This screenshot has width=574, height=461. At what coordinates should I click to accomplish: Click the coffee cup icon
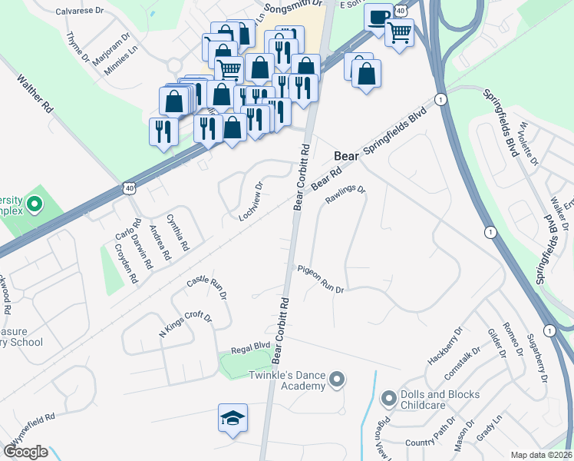(x=377, y=17)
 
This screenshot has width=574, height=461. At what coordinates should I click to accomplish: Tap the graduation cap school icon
(x=233, y=417)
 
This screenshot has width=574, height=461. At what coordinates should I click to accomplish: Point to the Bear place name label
(x=347, y=156)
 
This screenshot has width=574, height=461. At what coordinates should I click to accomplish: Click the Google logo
(x=26, y=452)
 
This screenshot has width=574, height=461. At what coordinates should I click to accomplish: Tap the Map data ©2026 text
(x=541, y=455)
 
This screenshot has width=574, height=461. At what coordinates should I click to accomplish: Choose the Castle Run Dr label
(x=208, y=288)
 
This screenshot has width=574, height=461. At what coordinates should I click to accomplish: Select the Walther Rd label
(x=34, y=95)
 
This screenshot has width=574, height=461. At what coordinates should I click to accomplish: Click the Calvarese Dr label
(x=80, y=12)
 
